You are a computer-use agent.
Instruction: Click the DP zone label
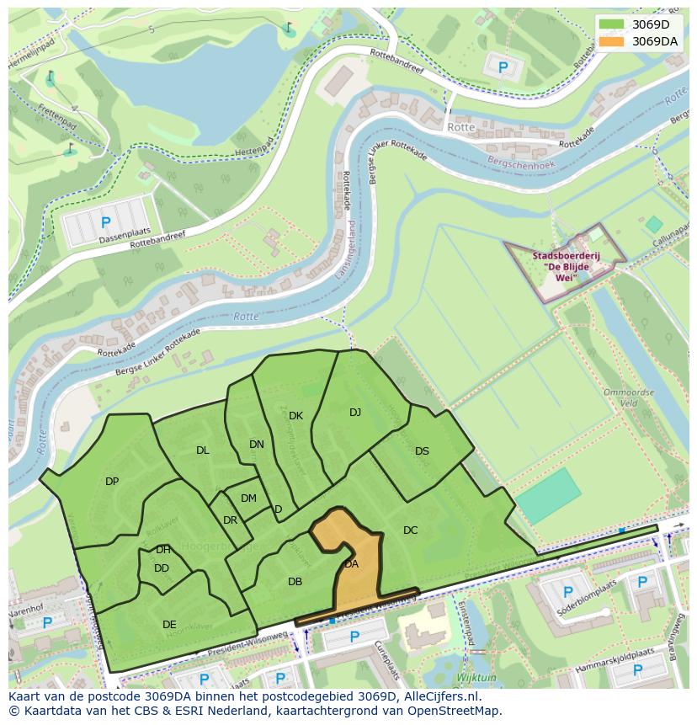[x=112, y=482]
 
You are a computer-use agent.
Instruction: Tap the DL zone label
[x=203, y=450]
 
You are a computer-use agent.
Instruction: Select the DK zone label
[x=295, y=416]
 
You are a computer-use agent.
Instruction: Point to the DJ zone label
[x=355, y=413]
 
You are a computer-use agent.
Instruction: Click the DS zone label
[x=422, y=451]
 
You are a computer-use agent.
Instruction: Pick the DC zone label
[x=410, y=530]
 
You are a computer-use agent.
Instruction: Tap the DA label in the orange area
[x=351, y=564]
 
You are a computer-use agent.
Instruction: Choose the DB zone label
[x=295, y=582]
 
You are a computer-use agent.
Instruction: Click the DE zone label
[x=169, y=625]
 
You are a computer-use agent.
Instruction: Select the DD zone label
[x=162, y=568]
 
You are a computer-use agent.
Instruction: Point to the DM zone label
[x=248, y=498]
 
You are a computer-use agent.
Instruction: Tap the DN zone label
[x=257, y=445]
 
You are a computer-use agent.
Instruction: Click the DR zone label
[x=230, y=520]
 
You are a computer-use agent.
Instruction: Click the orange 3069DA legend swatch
[x=613, y=41]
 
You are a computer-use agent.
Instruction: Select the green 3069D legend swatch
[x=613, y=24]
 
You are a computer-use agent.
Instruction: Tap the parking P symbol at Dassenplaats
[x=105, y=223]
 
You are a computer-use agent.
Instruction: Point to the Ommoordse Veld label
[x=624, y=397]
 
